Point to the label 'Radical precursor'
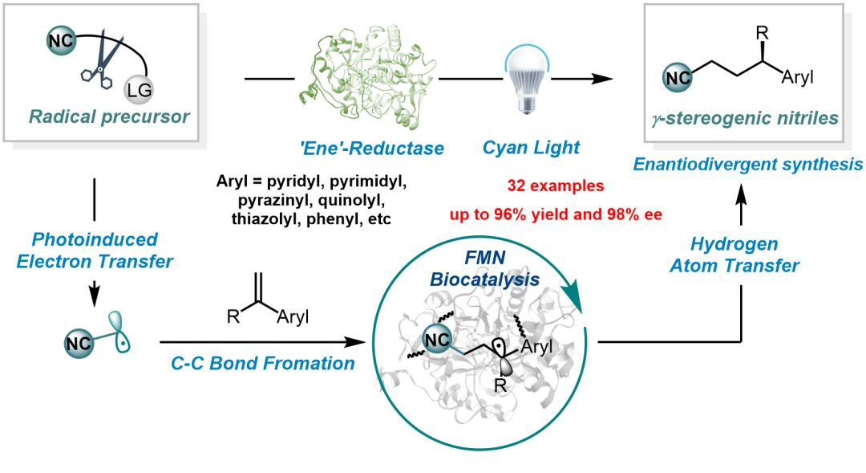(109, 116)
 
